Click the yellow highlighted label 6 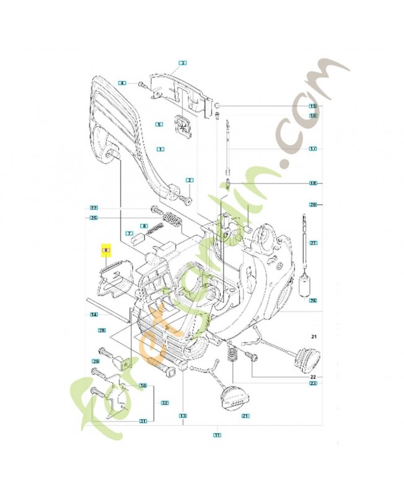[106, 251]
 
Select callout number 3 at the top [183, 62]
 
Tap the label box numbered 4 [123, 83]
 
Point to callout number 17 [313, 149]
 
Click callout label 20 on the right [313, 204]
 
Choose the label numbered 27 [313, 243]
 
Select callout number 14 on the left [94, 315]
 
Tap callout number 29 [96, 361]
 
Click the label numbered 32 [165, 403]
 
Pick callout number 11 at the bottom [217, 436]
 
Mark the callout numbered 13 [183, 415]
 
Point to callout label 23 [313, 384]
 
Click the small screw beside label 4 [142, 83]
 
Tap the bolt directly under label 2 [186, 199]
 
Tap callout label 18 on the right [313, 184]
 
